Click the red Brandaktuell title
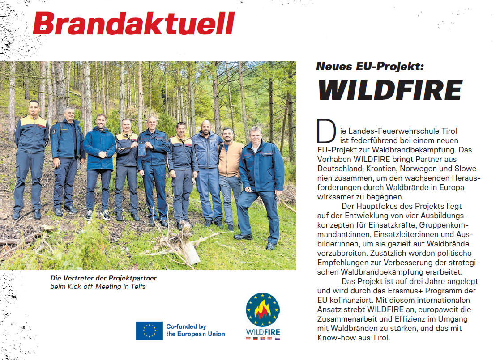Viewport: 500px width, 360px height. point(133,23)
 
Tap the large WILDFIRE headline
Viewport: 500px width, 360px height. point(389,90)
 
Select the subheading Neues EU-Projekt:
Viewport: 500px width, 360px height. point(370,66)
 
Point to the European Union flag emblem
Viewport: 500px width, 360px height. point(149,330)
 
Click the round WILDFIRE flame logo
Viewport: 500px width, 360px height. point(263,310)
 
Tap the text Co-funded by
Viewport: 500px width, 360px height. point(186,326)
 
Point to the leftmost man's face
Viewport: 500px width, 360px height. point(34,108)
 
